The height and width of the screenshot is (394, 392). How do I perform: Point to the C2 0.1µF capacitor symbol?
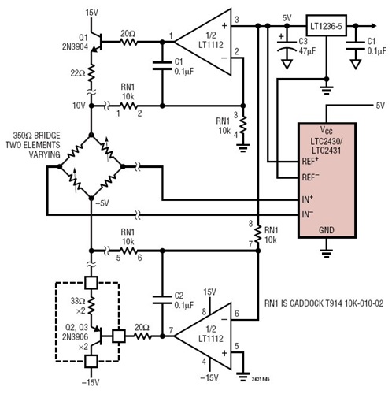(x=161, y=300)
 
